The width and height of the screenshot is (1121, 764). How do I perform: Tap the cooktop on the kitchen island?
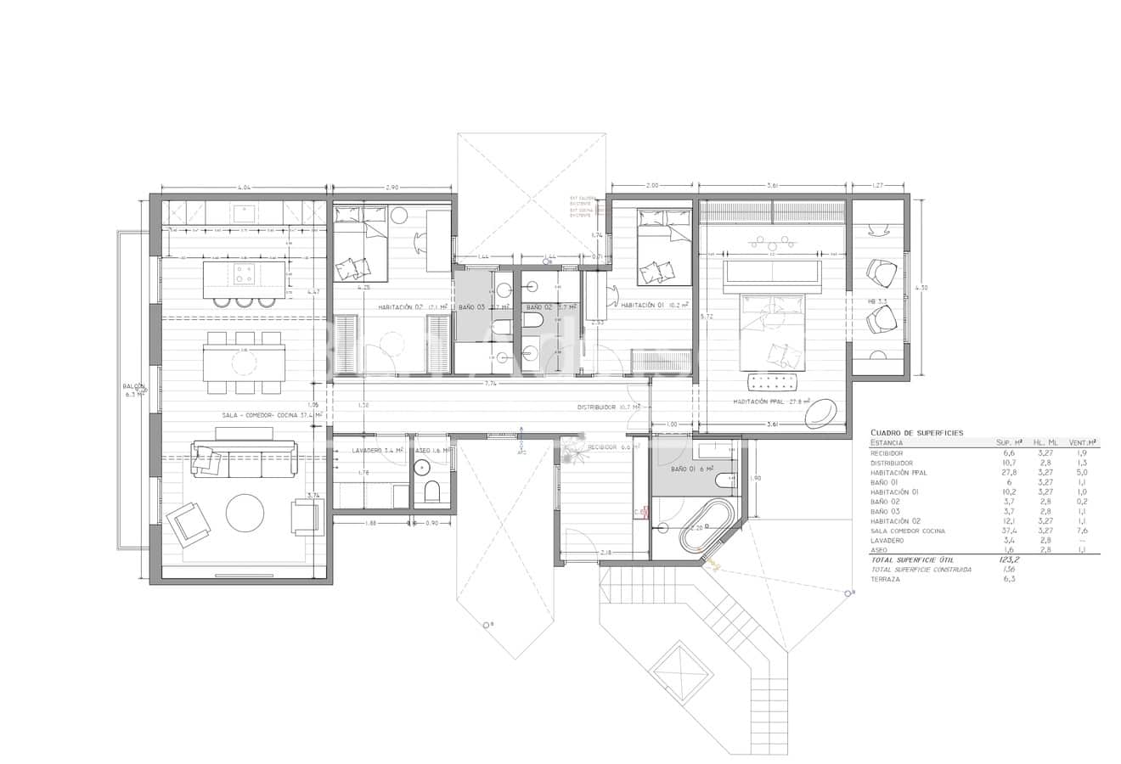(244, 273)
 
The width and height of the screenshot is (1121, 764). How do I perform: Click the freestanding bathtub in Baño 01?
(701, 525)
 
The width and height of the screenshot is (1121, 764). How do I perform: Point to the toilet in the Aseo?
(431, 492)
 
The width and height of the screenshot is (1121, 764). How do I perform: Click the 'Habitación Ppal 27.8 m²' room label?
(772, 402)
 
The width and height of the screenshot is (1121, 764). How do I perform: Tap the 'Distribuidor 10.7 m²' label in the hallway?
(607, 407)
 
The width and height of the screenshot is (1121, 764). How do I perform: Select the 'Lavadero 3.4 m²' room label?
(377, 451)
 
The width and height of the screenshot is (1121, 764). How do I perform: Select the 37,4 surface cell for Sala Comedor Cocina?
(1009, 531)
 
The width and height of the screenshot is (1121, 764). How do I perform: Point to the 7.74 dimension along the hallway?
(490, 384)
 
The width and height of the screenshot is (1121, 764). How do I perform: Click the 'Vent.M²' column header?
(1082, 442)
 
